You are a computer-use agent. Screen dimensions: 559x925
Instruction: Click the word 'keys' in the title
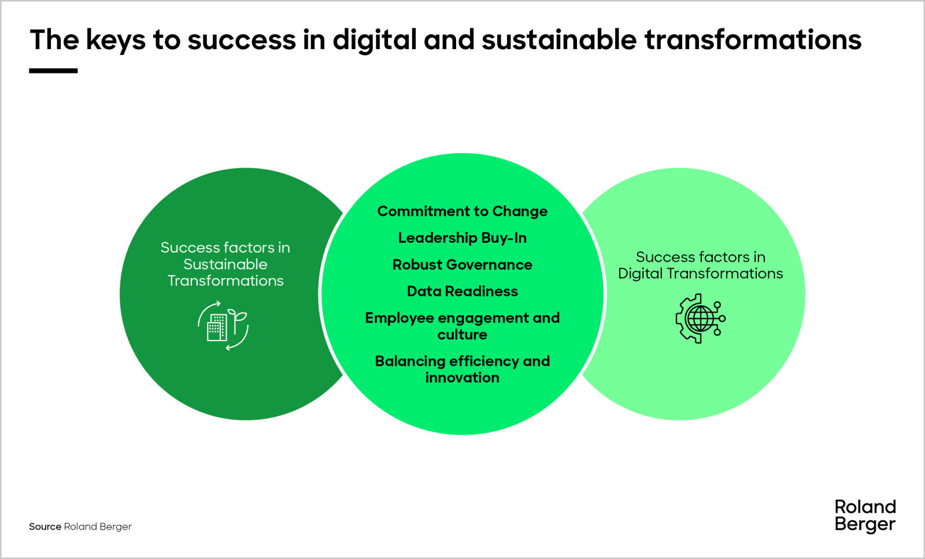click(116, 40)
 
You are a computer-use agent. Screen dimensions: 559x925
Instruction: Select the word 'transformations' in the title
click(753, 40)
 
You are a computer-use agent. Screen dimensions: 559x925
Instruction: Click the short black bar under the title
click(53, 71)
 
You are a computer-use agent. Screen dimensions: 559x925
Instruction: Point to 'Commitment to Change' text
click(462, 212)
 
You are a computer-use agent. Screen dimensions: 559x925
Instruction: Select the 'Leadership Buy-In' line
click(462, 238)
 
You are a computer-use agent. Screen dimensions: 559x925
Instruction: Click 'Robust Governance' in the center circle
click(462, 265)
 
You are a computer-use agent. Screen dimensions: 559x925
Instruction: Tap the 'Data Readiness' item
click(462, 291)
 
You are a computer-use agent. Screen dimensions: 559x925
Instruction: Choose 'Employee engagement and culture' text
click(462, 326)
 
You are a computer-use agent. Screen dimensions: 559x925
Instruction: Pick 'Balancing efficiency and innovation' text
click(462, 369)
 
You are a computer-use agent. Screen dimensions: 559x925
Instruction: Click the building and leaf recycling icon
click(223, 325)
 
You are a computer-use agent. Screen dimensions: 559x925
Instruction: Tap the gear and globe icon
click(700, 319)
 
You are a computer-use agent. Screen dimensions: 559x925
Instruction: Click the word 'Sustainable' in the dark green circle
click(225, 264)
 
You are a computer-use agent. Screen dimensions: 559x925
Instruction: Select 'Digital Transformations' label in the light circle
click(700, 273)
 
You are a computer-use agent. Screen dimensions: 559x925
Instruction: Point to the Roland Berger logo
click(865, 516)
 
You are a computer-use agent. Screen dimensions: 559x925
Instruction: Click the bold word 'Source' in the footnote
click(45, 527)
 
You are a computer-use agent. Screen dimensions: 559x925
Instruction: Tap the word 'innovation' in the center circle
click(462, 377)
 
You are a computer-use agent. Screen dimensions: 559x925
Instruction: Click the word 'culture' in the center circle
click(462, 335)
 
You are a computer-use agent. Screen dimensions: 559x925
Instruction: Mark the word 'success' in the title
click(242, 40)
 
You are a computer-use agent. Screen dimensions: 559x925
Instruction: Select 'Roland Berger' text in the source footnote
click(98, 527)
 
